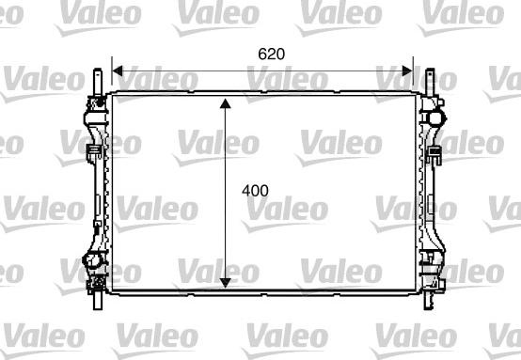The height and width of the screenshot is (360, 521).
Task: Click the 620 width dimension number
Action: click(271, 55)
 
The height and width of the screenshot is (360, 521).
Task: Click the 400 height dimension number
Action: click(255, 191)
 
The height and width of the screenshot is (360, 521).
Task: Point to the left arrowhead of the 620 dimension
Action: click(118, 70)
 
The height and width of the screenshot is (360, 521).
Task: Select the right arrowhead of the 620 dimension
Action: click(407, 70)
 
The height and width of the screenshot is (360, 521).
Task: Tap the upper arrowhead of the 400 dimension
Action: click(226, 103)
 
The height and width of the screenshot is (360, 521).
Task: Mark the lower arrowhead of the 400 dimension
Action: click(226, 283)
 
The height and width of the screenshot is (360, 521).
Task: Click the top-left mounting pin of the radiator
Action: click(98, 82)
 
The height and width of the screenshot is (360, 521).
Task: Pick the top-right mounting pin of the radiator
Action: click(430, 82)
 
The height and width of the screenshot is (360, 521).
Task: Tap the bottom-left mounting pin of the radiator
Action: click(98, 301)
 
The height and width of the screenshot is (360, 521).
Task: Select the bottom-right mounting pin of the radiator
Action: click(428, 301)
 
